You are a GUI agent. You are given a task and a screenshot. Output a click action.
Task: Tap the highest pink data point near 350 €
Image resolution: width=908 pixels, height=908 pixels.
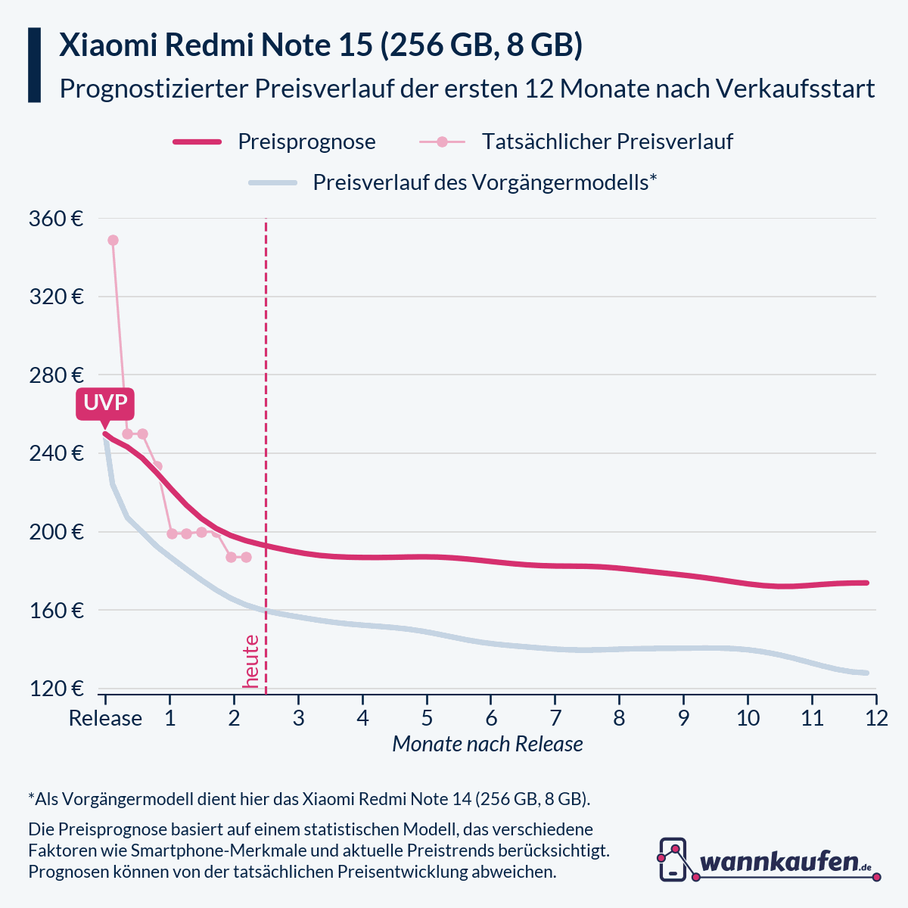click(113, 240)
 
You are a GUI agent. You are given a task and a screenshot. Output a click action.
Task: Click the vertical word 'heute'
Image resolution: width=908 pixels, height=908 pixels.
click(251, 661)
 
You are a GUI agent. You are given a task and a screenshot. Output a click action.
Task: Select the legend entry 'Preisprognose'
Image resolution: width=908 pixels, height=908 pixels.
click(306, 141)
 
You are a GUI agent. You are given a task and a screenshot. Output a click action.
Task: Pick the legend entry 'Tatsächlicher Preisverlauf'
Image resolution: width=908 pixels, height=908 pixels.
click(607, 141)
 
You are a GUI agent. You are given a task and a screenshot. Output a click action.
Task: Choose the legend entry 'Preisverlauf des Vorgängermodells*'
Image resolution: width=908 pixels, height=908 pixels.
click(484, 182)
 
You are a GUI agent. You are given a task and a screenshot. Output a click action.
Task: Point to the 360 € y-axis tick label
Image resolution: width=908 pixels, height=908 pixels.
click(55, 219)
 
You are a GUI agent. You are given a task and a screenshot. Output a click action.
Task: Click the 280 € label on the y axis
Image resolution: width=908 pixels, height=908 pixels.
click(55, 375)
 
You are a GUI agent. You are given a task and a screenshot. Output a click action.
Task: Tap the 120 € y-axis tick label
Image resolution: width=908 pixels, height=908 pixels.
click(55, 689)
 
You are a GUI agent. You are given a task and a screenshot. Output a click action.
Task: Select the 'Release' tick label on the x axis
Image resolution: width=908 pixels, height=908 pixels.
click(105, 718)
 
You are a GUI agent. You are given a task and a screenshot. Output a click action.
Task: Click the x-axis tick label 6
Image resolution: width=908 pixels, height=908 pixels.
click(491, 718)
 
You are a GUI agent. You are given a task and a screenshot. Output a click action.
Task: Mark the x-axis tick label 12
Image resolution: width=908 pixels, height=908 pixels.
click(876, 718)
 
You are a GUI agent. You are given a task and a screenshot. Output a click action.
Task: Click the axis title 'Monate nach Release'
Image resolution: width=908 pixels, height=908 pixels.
click(487, 744)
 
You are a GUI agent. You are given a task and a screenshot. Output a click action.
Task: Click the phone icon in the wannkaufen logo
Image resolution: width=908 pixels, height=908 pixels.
click(673, 859)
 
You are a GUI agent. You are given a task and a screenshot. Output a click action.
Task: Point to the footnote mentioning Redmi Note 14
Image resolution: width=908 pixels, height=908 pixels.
click(309, 799)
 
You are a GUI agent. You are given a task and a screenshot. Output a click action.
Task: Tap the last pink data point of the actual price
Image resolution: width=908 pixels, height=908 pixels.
click(245, 557)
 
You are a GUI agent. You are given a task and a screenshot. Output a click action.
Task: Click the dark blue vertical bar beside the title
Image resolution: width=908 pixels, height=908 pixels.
click(34, 65)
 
